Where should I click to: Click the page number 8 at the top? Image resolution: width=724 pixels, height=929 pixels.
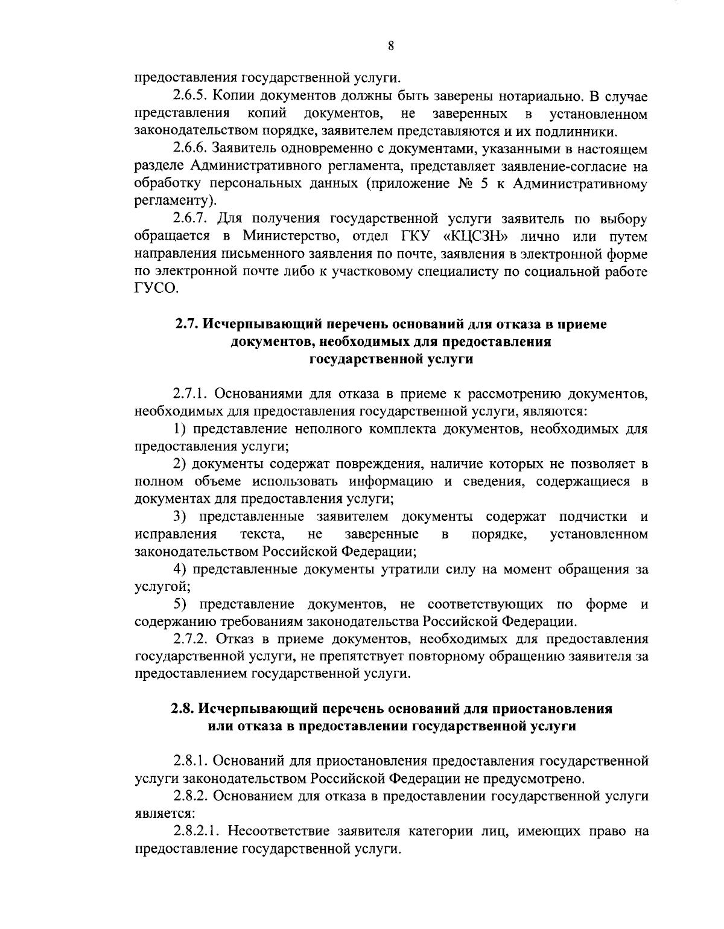pos(391,45)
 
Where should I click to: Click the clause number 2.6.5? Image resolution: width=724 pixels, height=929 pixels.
pos(189,97)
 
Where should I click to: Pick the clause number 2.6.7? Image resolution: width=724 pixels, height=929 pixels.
pos(189,219)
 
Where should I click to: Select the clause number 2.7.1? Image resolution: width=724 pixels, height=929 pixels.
pos(189,395)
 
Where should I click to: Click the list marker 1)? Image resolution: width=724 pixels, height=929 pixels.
pos(180,430)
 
